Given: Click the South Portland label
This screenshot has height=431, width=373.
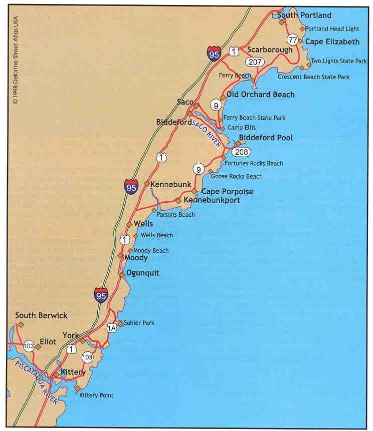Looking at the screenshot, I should (304, 16).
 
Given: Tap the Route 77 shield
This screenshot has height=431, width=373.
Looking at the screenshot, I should (293, 40).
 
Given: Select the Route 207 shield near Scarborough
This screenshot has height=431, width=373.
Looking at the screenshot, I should (255, 62).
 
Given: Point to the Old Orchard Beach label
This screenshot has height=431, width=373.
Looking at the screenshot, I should (260, 95).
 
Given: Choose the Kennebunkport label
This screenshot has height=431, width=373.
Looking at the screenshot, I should (212, 200).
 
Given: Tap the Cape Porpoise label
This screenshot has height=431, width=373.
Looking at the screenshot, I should (227, 192).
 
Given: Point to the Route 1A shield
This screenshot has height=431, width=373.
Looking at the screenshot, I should (112, 328).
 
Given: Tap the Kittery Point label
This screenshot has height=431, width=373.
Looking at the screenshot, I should (96, 395).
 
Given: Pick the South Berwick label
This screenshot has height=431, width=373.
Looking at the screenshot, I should (41, 315).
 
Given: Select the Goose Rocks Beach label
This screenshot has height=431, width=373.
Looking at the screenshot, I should (237, 176).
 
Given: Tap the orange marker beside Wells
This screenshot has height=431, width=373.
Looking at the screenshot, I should (129, 224).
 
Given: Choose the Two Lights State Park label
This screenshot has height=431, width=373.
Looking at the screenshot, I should (339, 61).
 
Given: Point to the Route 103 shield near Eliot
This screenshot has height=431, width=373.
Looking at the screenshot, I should (29, 345).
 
